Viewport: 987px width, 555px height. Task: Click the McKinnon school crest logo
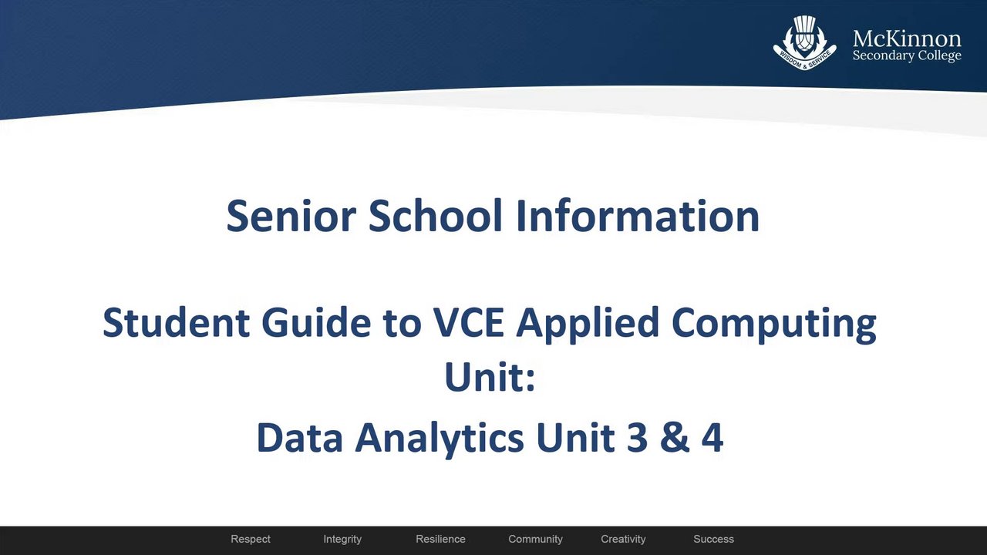pyautogui.click(x=804, y=42)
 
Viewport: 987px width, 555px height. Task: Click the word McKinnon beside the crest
pyautogui.click(x=907, y=39)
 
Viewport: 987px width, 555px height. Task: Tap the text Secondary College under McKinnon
pyautogui.click(x=907, y=56)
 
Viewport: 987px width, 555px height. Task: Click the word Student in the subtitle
pyautogui.click(x=176, y=322)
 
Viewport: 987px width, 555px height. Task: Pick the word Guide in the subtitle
pyautogui.click(x=316, y=322)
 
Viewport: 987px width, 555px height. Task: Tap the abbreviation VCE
pyautogui.click(x=468, y=322)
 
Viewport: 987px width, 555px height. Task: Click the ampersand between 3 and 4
pyautogui.click(x=674, y=437)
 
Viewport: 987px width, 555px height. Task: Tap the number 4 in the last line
pyautogui.click(x=712, y=437)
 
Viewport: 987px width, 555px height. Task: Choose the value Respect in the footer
pyautogui.click(x=251, y=539)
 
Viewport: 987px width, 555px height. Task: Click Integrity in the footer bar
pyautogui.click(x=342, y=539)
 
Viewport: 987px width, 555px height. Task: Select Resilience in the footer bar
pyautogui.click(x=440, y=539)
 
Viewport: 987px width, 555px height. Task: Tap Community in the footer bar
pyautogui.click(x=535, y=539)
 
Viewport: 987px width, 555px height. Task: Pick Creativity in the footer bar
pyautogui.click(x=623, y=539)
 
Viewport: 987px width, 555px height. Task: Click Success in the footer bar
pyautogui.click(x=714, y=539)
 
